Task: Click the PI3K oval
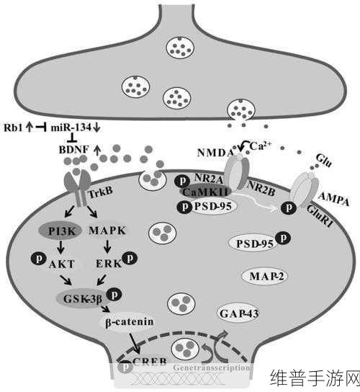click(x=60, y=231)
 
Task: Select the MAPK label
click(x=107, y=231)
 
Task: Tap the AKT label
click(x=62, y=264)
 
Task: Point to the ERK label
click(x=109, y=264)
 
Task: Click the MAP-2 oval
click(x=264, y=276)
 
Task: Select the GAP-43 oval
click(x=238, y=313)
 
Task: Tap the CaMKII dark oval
click(x=205, y=192)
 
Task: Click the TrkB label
click(x=100, y=192)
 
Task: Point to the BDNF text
click(x=74, y=150)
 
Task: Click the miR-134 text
click(x=71, y=128)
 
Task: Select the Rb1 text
click(x=13, y=128)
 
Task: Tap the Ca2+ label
click(x=260, y=146)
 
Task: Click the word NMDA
click(x=215, y=153)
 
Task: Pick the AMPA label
click(x=333, y=199)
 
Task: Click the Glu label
click(x=324, y=161)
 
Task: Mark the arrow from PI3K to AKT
click(x=60, y=247)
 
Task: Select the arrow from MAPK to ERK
click(x=108, y=246)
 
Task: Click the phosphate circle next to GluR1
click(x=289, y=208)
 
